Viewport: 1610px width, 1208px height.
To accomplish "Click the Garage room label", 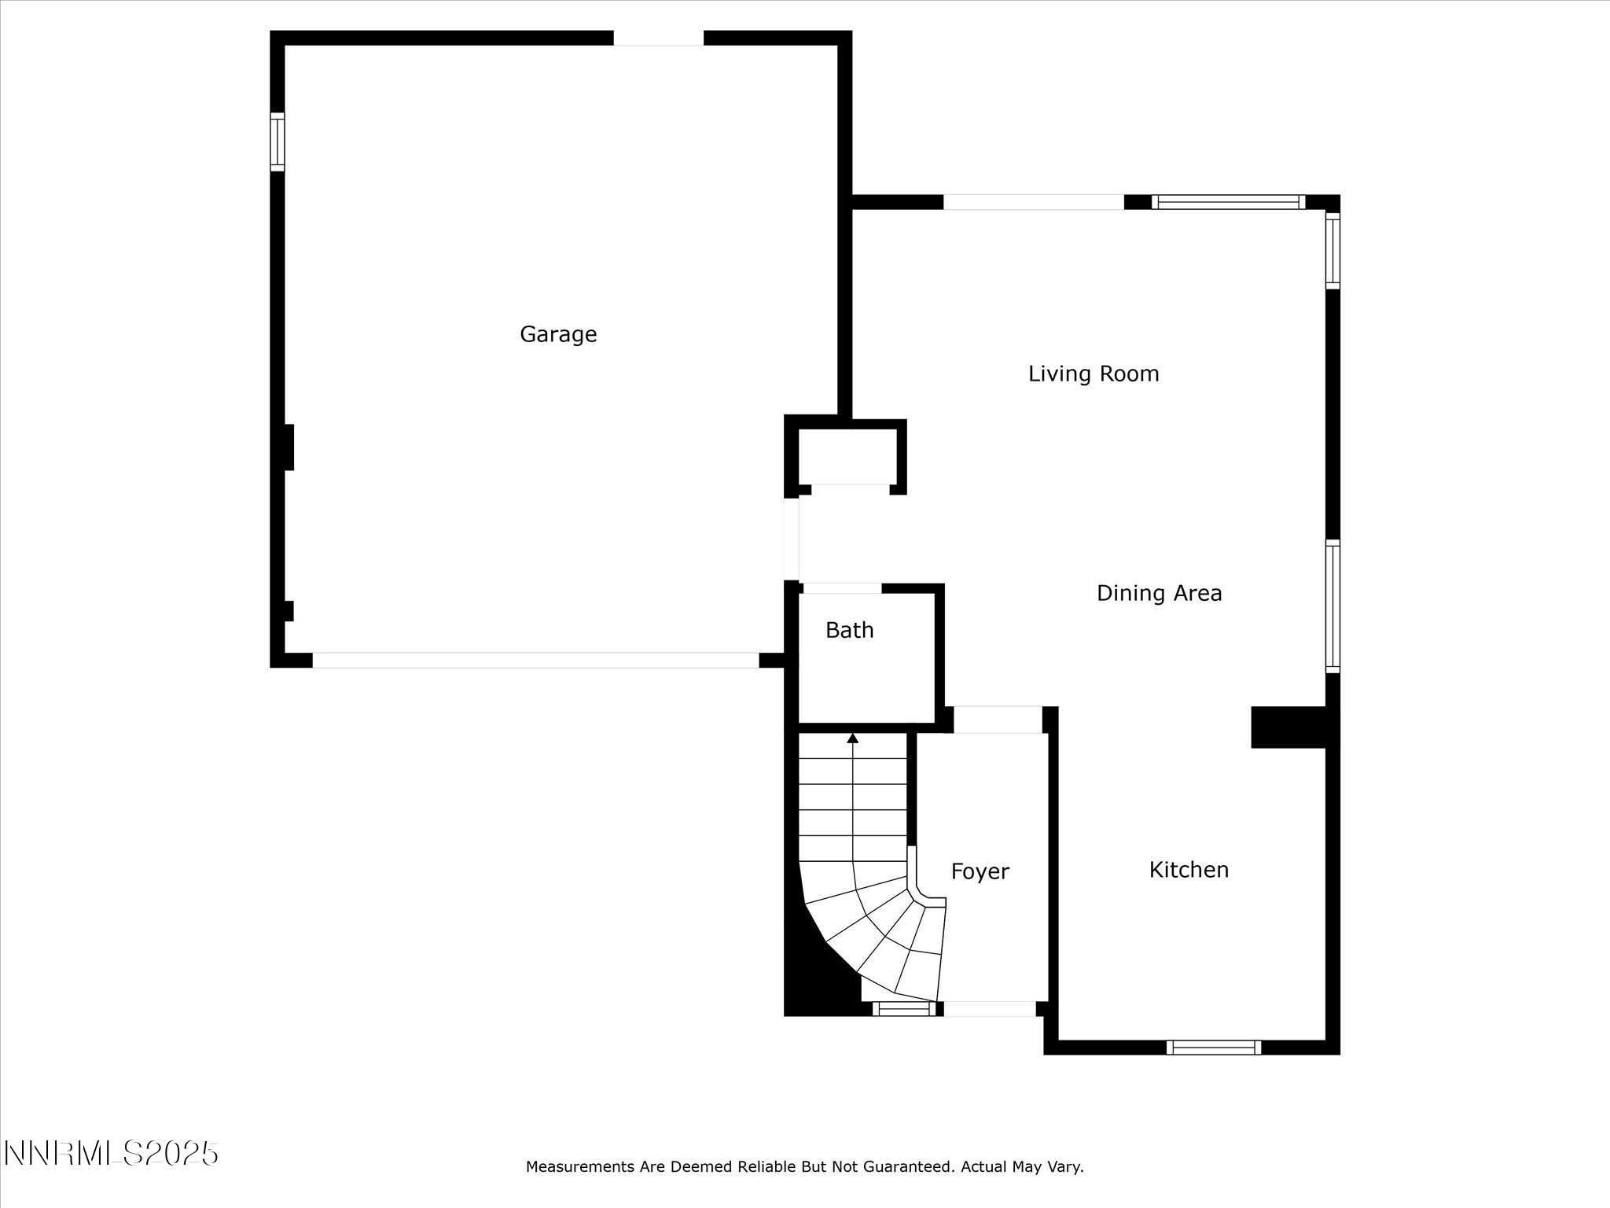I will click(x=558, y=334).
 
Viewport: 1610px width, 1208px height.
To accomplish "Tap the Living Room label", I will click(x=1093, y=374).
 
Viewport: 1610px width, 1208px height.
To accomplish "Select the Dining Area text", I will click(x=1159, y=593).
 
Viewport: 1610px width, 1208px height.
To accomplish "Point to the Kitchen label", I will click(x=1189, y=869).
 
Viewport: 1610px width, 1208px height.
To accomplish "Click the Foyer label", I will click(x=980, y=871).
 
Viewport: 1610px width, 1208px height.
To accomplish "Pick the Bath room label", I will click(x=849, y=630).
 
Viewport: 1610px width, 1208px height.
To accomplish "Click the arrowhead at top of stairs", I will click(x=853, y=738).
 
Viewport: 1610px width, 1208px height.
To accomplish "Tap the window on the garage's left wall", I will click(x=278, y=142).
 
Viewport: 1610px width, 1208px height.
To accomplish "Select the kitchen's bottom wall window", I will click(x=1214, y=1047).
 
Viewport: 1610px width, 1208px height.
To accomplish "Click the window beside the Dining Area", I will click(x=1332, y=606).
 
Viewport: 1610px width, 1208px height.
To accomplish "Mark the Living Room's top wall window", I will click(x=1228, y=202).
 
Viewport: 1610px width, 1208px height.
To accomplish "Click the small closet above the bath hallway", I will click(x=847, y=456).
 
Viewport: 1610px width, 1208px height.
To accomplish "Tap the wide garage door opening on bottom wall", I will click(x=535, y=660).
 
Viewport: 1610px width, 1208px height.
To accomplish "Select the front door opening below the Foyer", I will click(x=989, y=1008).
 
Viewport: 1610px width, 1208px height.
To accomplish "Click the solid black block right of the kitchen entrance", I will click(x=1289, y=727).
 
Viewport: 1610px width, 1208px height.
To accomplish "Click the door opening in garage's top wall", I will click(x=658, y=38).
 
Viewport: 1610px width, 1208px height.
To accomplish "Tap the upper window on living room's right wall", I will click(x=1332, y=250).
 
